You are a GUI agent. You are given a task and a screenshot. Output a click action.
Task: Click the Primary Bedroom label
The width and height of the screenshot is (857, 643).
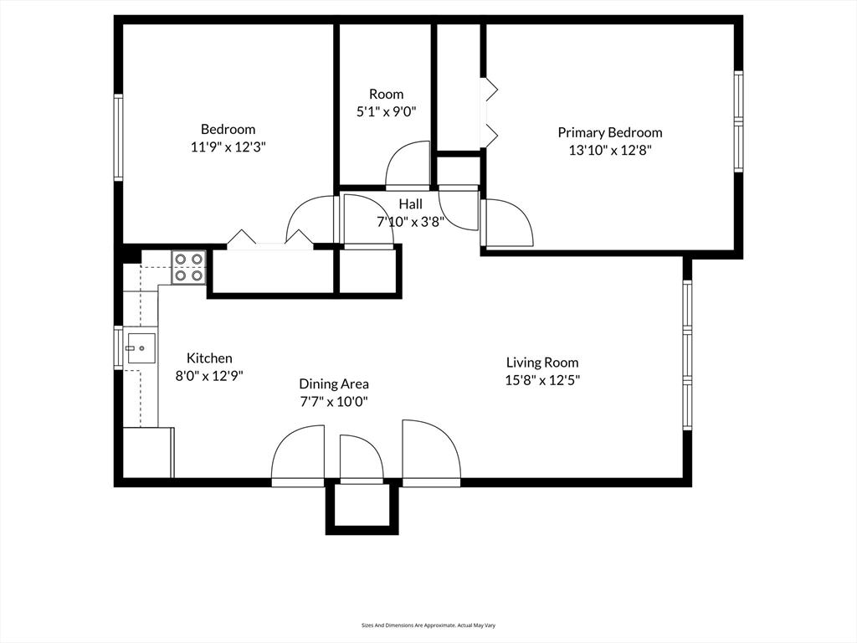[609, 132]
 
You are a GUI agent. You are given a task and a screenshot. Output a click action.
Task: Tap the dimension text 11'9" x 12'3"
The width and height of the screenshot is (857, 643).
[228, 147]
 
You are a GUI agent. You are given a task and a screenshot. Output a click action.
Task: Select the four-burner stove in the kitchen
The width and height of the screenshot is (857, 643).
[189, 267]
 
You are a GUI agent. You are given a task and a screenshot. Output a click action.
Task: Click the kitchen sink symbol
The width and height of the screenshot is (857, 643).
[141, 347]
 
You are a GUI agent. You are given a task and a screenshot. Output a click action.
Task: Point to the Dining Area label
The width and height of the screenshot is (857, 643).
[334, 384]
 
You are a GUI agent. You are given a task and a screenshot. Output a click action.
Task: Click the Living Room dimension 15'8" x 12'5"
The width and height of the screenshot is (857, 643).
[542, 379]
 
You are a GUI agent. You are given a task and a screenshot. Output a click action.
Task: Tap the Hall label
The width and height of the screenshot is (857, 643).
[410, 204]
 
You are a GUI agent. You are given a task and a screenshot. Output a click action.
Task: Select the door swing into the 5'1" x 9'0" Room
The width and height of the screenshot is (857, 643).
[408, 166]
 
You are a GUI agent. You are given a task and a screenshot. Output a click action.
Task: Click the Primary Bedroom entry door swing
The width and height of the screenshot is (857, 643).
[508, 224]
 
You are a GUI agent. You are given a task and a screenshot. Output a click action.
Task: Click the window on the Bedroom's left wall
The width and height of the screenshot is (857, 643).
[118, 137]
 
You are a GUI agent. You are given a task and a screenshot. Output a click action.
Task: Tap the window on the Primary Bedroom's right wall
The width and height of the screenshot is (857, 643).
[739, 122]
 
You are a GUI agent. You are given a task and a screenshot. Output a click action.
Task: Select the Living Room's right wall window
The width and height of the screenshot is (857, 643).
[687, 354]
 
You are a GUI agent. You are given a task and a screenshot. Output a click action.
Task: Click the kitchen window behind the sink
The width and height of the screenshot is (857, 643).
[118, 347]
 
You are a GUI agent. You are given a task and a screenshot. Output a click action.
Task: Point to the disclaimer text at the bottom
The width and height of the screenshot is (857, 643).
[428, 625]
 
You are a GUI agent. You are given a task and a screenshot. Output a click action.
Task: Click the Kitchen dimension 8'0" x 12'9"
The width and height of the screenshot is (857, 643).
[208, 376]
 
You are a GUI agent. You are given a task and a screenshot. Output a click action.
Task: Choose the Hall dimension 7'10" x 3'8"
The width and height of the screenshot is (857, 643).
[410, 222]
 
